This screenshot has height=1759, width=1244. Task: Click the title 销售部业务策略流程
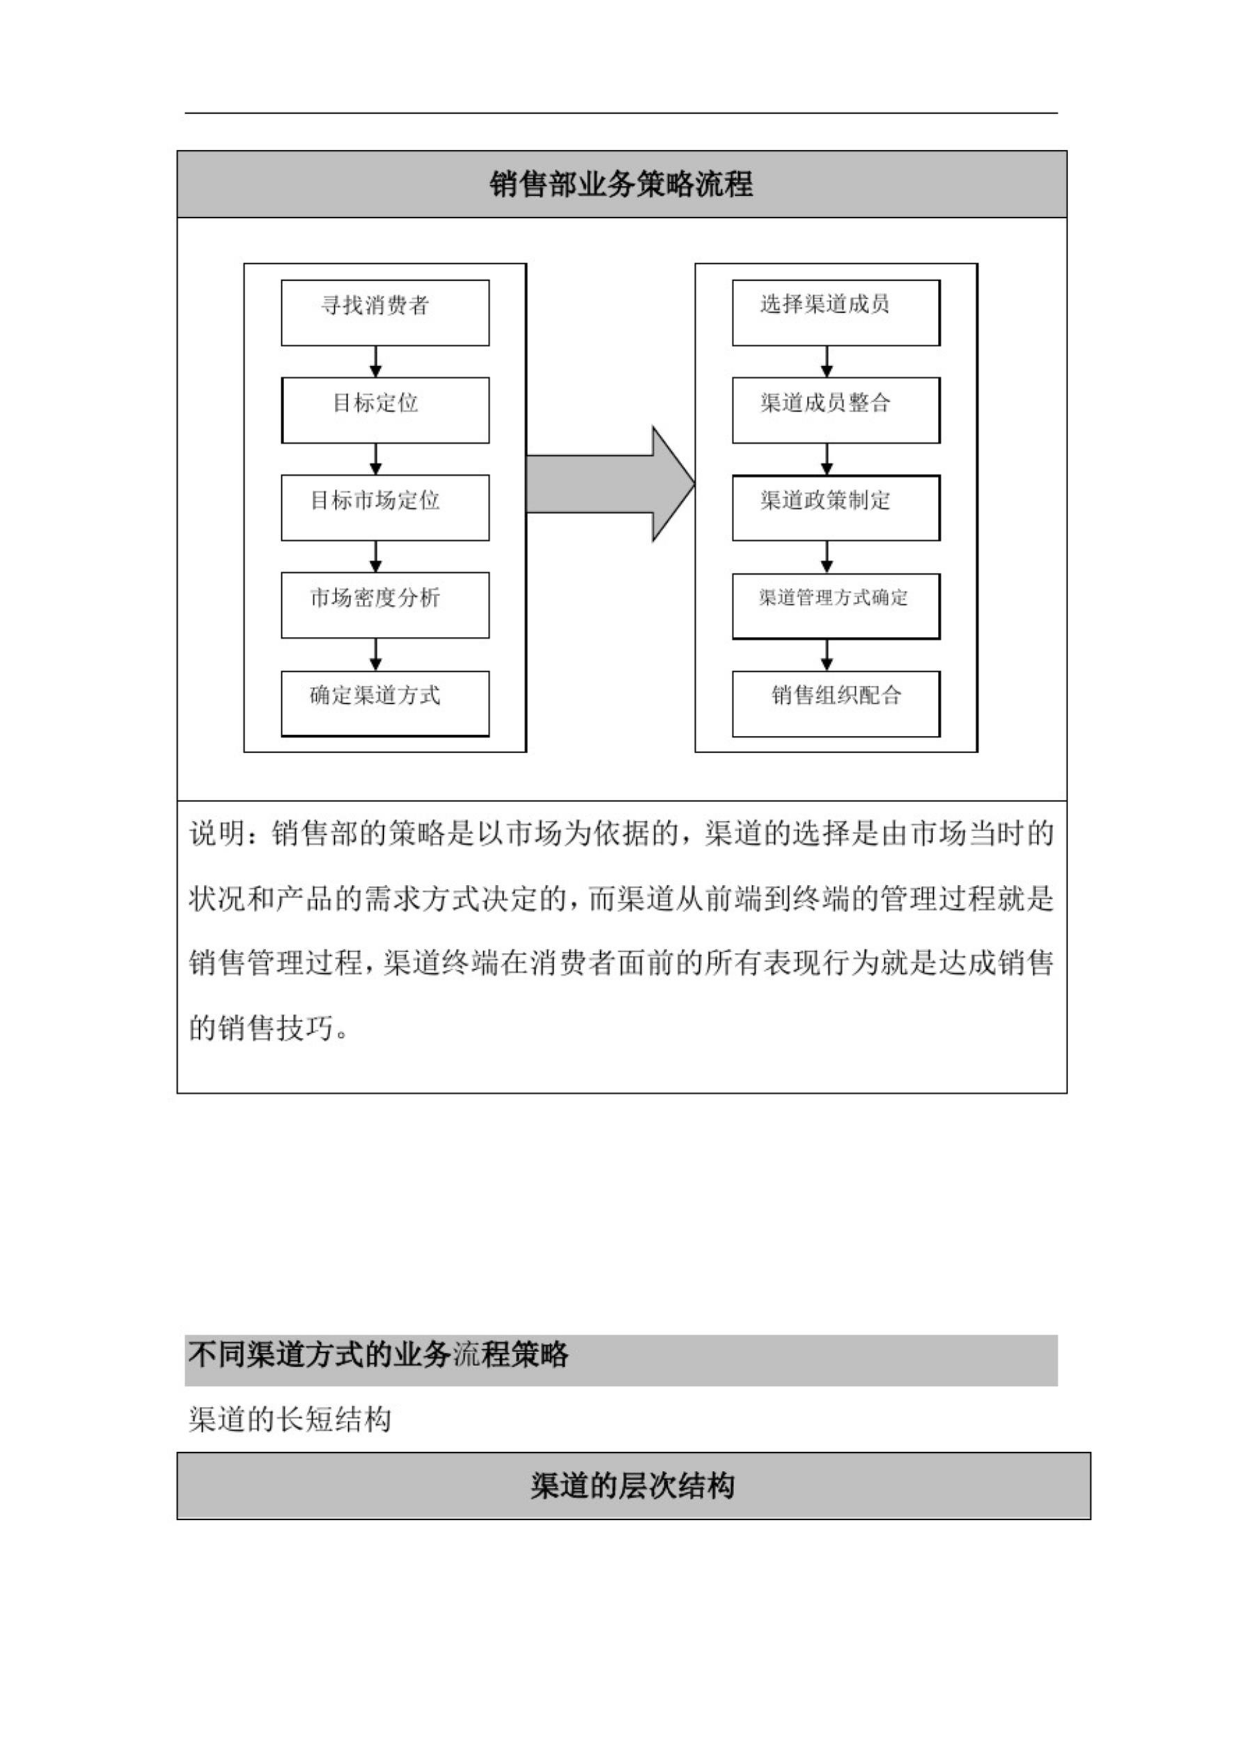(621, 184)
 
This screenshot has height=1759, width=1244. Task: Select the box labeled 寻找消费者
(385, 313)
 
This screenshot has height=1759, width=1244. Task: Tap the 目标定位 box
(385, 410)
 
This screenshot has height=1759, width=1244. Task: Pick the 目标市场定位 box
(385, 507)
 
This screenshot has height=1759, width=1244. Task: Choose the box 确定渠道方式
(385, 703)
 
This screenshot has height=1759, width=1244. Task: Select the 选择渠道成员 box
(836, 313)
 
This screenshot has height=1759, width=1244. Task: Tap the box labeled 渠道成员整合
(836, 410)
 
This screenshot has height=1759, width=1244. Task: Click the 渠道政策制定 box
(836, 507)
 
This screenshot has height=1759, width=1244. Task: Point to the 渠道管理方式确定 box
(836, 605)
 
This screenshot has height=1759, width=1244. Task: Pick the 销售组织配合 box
(836, 703)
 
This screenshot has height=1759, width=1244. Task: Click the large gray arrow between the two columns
(610, 484)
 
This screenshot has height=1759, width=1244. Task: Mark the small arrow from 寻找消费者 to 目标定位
(376, 362)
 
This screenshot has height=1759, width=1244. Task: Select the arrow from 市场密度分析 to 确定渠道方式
(376, 654)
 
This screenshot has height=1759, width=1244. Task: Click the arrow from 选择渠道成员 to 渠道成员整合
(826, 362)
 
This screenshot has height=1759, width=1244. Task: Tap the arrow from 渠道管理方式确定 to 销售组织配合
(826, 655)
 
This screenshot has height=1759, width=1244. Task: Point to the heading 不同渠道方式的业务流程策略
(378, 1355)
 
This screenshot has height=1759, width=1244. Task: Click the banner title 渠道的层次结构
(633, 1486)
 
